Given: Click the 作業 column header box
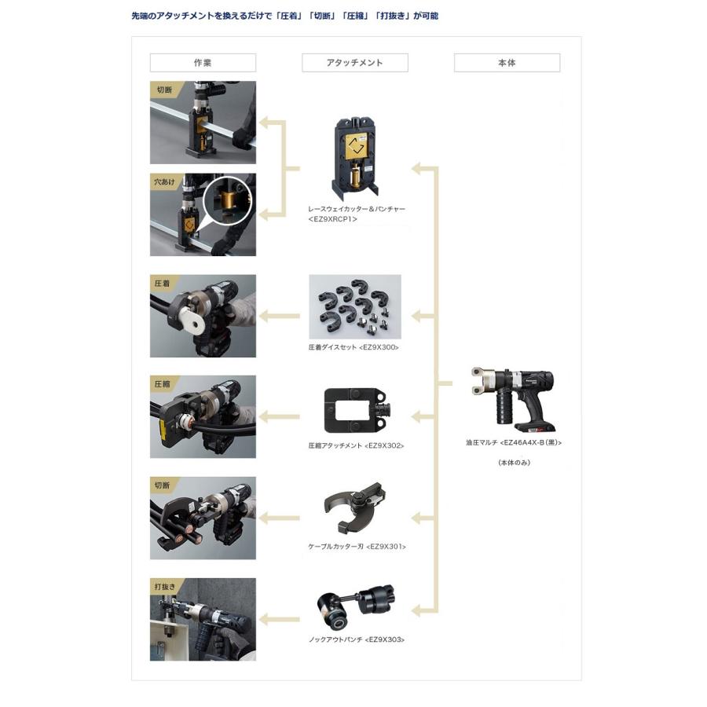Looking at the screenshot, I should pos(203,63).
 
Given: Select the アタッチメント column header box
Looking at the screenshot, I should pos(354,63).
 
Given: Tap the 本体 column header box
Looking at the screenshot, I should pos(507,63).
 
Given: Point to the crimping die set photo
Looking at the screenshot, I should pos(355,306).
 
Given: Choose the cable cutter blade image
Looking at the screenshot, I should pos(354,511).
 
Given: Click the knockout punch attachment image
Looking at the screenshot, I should pos(356,606).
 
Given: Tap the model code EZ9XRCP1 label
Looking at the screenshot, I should pos(333,219).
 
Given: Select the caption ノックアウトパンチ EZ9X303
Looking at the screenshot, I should pos(356,639).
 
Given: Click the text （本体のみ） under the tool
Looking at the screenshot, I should pos(514,463).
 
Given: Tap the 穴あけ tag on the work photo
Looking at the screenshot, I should pos(164,181).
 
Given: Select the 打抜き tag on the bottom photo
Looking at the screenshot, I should pos(164,586).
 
